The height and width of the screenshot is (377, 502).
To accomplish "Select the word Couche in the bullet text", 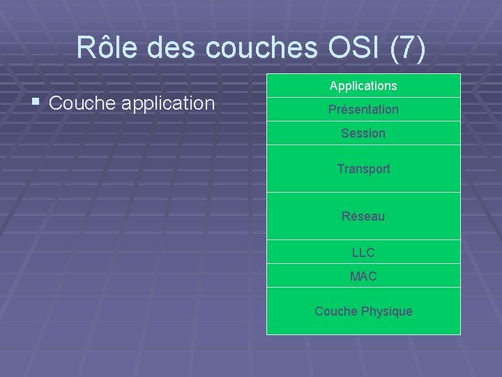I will click(x=79, y=103).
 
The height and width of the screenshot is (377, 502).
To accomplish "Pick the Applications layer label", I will click(x=363, y=86).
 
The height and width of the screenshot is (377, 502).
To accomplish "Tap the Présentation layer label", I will click(x=363, y=110).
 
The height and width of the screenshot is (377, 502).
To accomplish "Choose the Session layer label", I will click(x=363, y=133).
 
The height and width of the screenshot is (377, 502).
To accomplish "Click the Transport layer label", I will click(x=363, y=169).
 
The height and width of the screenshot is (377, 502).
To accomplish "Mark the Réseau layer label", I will click(x=363, y=216).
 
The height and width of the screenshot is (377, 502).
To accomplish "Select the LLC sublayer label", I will click(x=363, y=253).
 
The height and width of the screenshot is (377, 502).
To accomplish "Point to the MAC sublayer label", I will click(x=363, y=276).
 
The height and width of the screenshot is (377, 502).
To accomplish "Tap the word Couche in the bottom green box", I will click(x=336, y=311).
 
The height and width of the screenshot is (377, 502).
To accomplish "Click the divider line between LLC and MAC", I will click(x=363, y=263).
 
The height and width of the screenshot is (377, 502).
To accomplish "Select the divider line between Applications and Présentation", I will click(x=363, y=97).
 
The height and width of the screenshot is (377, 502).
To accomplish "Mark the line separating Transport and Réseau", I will click(x=363, y=192).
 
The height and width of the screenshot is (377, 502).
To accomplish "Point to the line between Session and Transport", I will click(x=363, y=145).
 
